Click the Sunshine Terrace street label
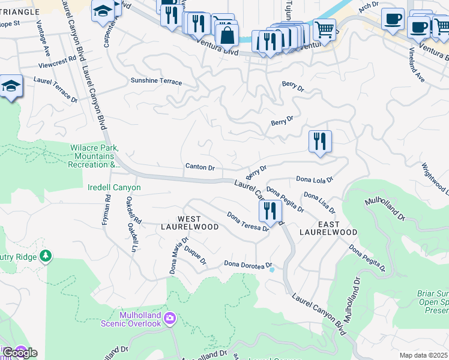(156, 81)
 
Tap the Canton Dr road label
(200, 167)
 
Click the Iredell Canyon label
(114, 188)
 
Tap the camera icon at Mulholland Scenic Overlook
(170, 318)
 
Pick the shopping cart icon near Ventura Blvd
(324, 28)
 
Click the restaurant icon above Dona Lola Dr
(320, 142)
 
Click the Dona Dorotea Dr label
(249, 264)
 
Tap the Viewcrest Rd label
(57, 59)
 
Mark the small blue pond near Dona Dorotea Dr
(272, 270)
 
